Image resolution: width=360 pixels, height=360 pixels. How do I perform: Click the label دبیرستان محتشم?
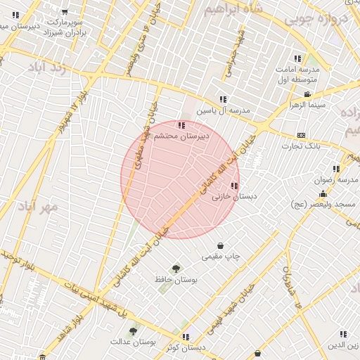tap(182, 138)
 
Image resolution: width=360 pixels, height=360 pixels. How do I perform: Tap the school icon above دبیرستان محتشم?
tap(182, 126)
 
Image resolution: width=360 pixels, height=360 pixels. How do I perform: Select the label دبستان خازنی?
tap(233, 198)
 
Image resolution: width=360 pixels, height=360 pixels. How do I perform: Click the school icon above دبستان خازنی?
tap(233, 186)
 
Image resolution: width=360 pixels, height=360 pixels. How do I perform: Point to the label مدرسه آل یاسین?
tap(223, 111)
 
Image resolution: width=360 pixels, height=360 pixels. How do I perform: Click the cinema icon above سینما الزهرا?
tap(307, 94)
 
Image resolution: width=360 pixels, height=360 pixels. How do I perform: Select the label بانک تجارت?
tap(302, 146)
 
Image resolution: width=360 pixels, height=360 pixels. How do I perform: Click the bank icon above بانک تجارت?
tap(302, 135)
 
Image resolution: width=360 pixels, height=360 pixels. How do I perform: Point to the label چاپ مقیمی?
tap(221, 257)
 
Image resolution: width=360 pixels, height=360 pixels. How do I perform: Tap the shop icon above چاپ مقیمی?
tap(221, 245)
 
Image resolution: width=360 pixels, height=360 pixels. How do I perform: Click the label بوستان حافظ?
tap(175, 279)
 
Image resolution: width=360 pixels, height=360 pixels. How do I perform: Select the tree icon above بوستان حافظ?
tap(175, 268)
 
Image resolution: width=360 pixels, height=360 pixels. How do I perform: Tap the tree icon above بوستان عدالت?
tap(133, 329)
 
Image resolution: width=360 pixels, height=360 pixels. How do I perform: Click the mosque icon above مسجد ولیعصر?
tap(323, 193)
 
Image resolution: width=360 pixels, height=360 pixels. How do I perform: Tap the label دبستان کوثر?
tap(186, 347)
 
